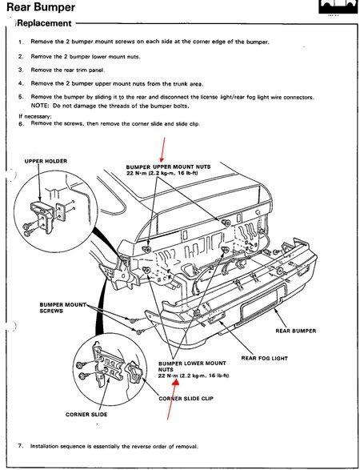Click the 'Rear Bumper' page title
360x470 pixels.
(41, 7)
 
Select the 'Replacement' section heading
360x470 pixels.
(45, 23)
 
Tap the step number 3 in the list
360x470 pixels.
(20, 70)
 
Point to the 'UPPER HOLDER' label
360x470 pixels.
(46, 161)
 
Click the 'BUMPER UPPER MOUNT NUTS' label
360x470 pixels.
(168, 167)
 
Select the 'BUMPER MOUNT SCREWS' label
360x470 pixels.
(62, 307)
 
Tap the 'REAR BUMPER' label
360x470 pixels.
(296, 331)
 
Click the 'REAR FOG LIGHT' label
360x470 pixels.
(265, 358)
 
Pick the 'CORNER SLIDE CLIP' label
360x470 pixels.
(186, 399)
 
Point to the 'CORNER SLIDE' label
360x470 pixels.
(86, 415)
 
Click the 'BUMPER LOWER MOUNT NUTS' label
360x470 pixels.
(192, 366)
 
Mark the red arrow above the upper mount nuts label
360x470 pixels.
(162, 149)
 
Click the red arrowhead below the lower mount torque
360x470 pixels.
(175, 382)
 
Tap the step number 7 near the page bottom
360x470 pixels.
(20, 445)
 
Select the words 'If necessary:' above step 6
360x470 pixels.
(34, 117)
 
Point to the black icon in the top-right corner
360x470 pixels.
(338, 6)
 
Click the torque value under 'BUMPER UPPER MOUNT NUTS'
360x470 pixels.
(162, 173)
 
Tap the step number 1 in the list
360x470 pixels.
(20, 42)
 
